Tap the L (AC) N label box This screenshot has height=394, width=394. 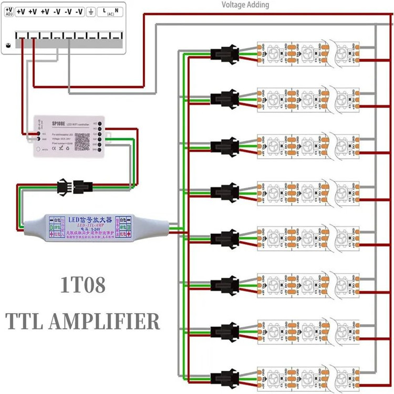[x=111, y=11]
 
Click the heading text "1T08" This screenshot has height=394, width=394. [x=82, y=286]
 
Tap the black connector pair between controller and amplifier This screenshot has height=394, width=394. [x=73, y=185]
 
